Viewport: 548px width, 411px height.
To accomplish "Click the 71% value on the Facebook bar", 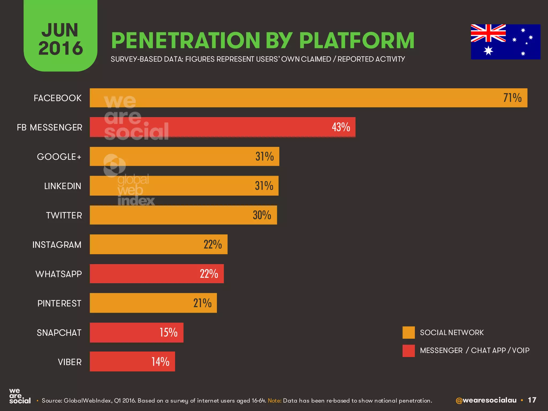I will [x=512, y=98].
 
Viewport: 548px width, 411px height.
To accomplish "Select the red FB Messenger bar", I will [x=222, y=127].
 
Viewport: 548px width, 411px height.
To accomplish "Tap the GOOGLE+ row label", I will [x=59, y=157].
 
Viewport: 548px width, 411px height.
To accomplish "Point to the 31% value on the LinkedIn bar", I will [x=264, y=186].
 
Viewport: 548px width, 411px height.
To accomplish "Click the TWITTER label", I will [x=64, y=215].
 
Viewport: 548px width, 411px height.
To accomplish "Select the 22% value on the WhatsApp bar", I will [x=209, y=274].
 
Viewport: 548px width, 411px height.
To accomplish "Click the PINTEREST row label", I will [x=59, y=303].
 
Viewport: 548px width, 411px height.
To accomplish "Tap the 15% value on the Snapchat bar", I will [x=169, y=333].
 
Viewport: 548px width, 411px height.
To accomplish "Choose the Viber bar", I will [x=132, y=361].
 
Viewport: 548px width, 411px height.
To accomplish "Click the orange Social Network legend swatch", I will [x=409, y=333].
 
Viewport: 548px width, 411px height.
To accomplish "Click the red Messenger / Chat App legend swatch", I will [x=409, y=351].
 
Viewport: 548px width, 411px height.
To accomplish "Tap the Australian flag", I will [x=505, y=42].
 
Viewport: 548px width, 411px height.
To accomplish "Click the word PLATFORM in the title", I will [x=357, y=41].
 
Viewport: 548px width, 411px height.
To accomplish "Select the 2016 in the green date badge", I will [x=61, y=48].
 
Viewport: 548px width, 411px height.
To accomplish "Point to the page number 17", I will [x=532, y=400].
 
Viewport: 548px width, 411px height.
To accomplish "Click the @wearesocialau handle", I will [x=486, y=400].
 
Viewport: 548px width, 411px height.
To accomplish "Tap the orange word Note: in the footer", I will [x=275, y=401].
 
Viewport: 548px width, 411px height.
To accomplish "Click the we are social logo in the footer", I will [x=20, y=396].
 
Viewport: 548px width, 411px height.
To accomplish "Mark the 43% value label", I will [x=341, y=127].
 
